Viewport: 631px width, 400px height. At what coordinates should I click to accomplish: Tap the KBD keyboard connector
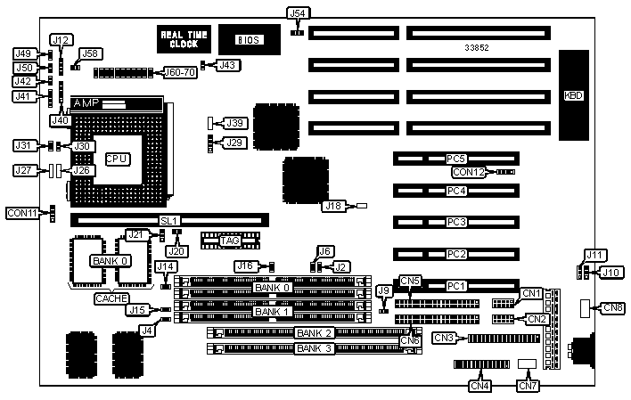click(573, 95)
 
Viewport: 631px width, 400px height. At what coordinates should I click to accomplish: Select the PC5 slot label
click(456, 159)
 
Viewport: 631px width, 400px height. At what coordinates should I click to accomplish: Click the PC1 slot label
click(456, 286)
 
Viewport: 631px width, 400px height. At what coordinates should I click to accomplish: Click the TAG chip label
click(230, 241)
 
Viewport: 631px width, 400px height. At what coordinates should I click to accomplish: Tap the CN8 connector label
click(612, 308)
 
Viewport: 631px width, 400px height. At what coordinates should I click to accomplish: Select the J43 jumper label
click(228, 64)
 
